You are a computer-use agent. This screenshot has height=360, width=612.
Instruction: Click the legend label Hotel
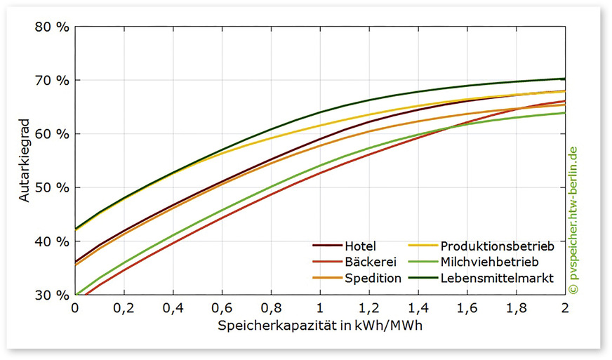tap(361, 246)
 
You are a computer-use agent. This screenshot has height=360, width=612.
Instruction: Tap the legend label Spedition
tap(373, 278)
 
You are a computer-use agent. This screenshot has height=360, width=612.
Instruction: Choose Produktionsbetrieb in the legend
tap(498, 246)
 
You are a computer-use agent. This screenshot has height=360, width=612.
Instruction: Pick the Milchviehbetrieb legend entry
tap(489, 262)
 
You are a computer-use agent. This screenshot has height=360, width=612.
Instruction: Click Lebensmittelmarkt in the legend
tap(497, 278)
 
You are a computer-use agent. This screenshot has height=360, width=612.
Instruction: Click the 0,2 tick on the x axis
tap(124, 308)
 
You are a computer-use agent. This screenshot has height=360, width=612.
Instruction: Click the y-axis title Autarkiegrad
tap(25, 160)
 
